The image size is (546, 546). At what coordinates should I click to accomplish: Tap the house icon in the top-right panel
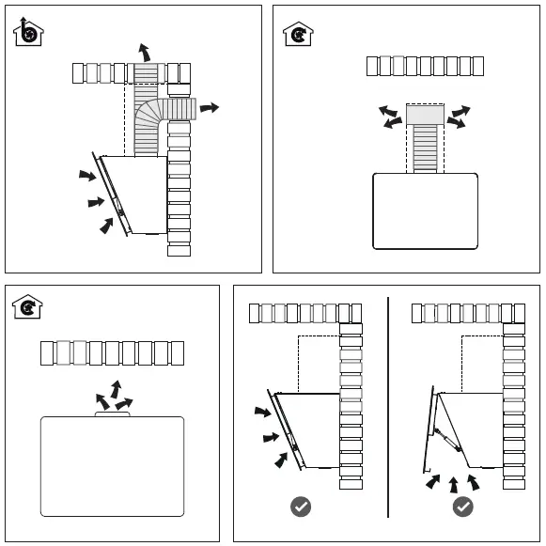[299, 34]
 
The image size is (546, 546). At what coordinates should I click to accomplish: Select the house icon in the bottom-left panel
[28, 306]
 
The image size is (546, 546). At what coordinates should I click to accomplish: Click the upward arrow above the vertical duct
[144, 52]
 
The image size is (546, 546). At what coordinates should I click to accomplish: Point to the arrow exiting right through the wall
[209, 108]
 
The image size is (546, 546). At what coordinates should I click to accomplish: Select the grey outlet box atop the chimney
[426, 115]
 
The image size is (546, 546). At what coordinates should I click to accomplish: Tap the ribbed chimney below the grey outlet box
[426, 148]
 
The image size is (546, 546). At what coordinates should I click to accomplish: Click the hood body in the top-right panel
[425, 211]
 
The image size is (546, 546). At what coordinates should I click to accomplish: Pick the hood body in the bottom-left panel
[112, 466]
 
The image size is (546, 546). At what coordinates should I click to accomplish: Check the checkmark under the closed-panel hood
[301, 507]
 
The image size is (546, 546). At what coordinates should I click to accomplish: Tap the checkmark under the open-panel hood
[462, 507]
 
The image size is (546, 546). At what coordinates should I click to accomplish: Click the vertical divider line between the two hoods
[388, 404]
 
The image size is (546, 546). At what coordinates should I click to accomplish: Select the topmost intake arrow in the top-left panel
[86, 175]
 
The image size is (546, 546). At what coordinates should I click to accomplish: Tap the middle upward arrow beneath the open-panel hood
[453, 484]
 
